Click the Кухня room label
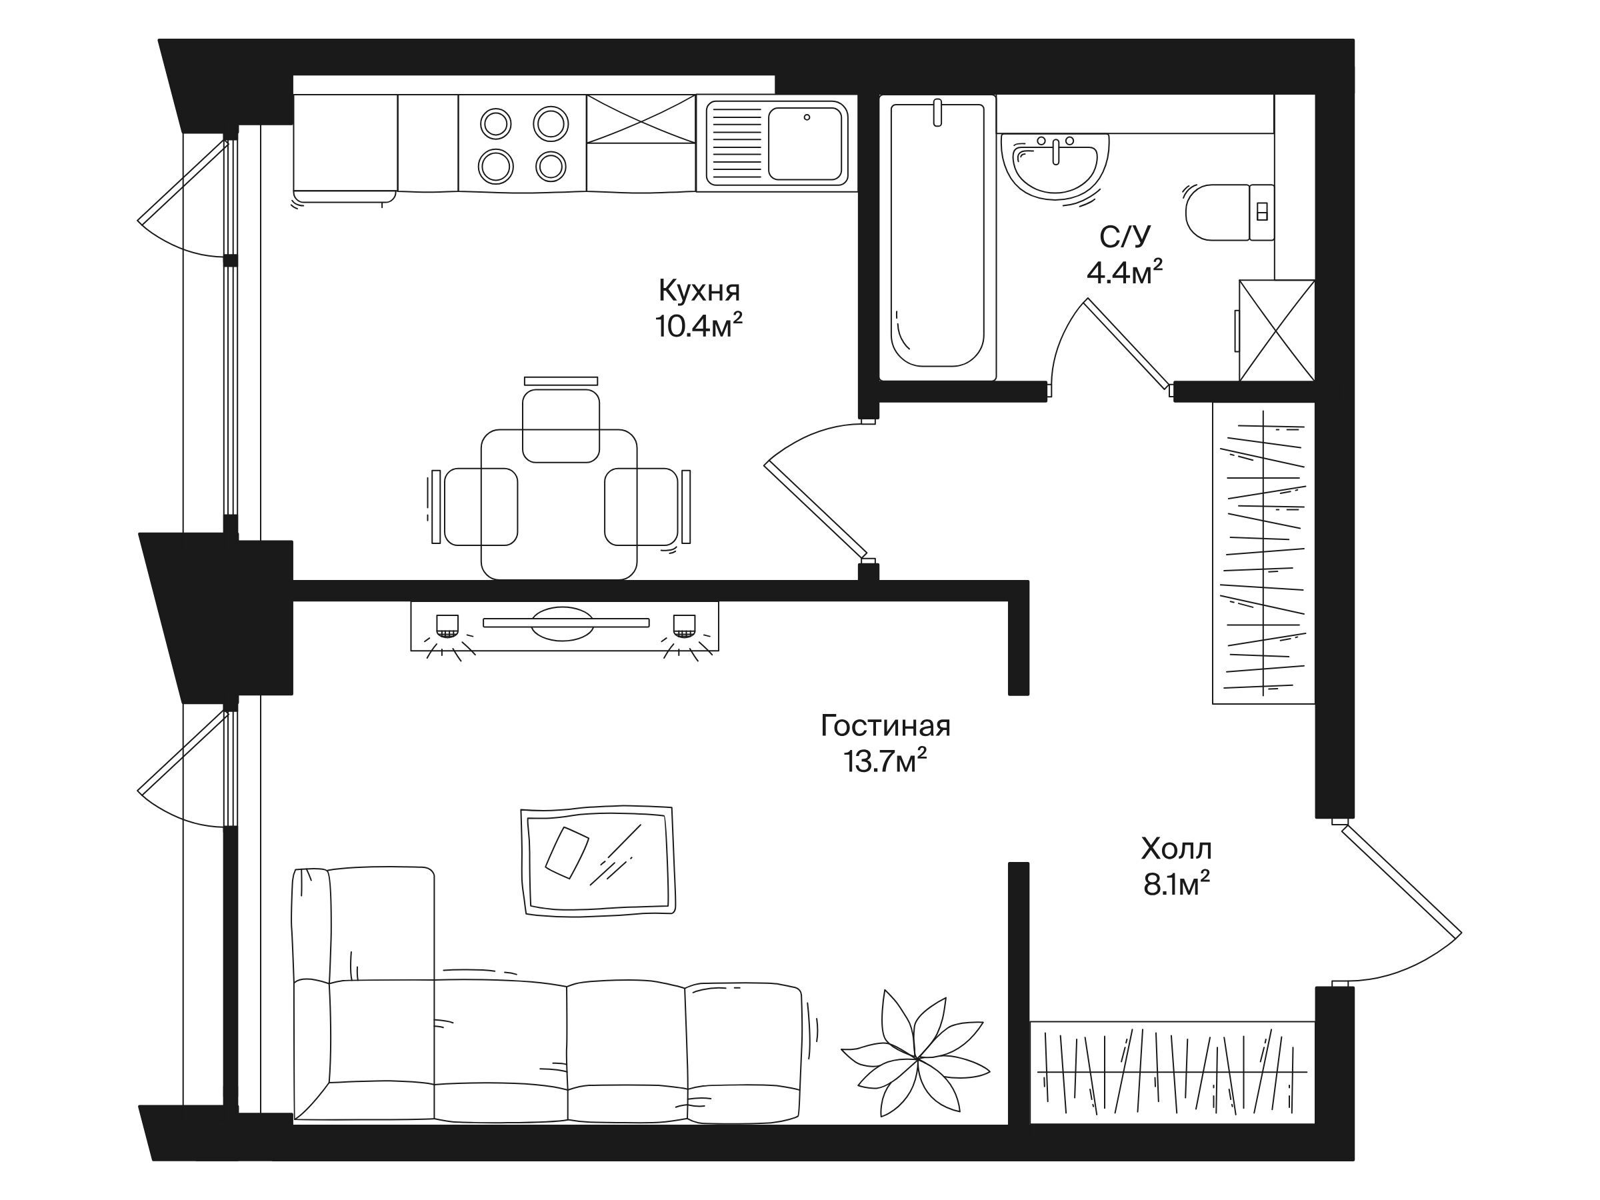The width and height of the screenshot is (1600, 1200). click(x=699, y=291)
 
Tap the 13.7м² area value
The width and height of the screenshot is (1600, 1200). click(x=885, y=761)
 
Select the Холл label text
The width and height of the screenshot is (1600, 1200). click(x=1176, y=849)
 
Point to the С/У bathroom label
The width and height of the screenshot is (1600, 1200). click(x=1125, y=237)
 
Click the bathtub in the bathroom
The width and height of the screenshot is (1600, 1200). click(x=937, y=237)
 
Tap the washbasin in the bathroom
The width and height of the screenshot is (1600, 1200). click(x=1055, y=165)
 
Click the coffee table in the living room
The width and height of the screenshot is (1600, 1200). click(x=598, y=861)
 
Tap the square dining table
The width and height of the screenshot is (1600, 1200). click(x=559, y=504)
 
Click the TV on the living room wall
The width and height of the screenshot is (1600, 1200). click(x=565, y=623)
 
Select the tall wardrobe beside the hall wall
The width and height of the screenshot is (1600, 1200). click(x=1263, y=553)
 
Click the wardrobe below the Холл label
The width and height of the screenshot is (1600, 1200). click(x=1172, y=1072)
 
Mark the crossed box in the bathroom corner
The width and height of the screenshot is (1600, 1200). click(x=1277, y=331)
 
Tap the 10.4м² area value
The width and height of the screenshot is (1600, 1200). click(x=699, y=326)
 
